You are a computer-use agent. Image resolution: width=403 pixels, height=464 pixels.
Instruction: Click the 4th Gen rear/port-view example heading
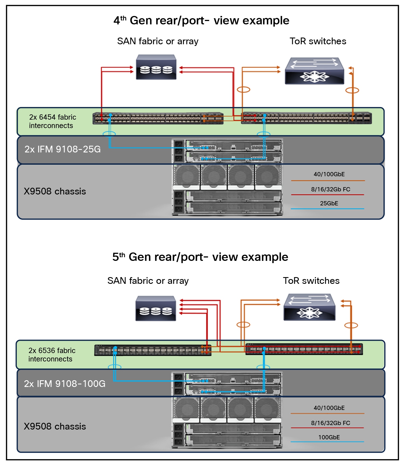(201, 21)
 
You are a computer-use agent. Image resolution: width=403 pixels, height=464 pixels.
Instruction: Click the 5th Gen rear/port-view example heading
(200, 257)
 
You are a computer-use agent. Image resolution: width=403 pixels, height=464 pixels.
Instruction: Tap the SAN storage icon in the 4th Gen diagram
(156, 67)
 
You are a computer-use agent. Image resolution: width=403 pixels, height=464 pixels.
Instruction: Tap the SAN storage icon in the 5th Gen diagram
(156, 308)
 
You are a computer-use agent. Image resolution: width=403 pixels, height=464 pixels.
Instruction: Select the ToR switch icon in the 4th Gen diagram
(314, 71)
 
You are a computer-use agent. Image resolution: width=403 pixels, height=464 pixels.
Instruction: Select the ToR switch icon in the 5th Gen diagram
(309, 307)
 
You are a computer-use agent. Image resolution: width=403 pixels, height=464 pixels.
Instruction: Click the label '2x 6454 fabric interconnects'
(52, 121)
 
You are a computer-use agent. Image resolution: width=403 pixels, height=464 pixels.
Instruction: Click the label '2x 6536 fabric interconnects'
(52, 355)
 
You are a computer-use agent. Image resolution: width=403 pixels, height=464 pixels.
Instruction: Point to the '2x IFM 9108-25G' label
(63, 149)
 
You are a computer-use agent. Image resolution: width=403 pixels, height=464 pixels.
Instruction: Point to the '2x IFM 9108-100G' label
(65, 384)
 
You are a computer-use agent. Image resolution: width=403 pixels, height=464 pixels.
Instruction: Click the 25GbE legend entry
(329, 203)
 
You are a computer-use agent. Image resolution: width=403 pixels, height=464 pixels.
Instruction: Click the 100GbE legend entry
(329, 437)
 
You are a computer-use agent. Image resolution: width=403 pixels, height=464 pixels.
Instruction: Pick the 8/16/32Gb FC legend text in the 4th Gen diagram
(331, 189)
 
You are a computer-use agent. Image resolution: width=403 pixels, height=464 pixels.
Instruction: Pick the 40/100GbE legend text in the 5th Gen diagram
(329, 408)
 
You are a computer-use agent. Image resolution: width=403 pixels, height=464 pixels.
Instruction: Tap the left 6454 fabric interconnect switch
(158, 118)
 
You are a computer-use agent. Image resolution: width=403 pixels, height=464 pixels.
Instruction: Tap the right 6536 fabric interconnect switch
(304, 349)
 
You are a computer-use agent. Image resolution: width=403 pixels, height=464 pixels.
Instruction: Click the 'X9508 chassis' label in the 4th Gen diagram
(55, 191)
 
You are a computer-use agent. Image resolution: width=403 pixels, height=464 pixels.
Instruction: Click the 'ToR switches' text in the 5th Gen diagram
(311, 281)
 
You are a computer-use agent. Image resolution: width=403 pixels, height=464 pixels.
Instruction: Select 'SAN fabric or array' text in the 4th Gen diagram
(158, 41)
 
